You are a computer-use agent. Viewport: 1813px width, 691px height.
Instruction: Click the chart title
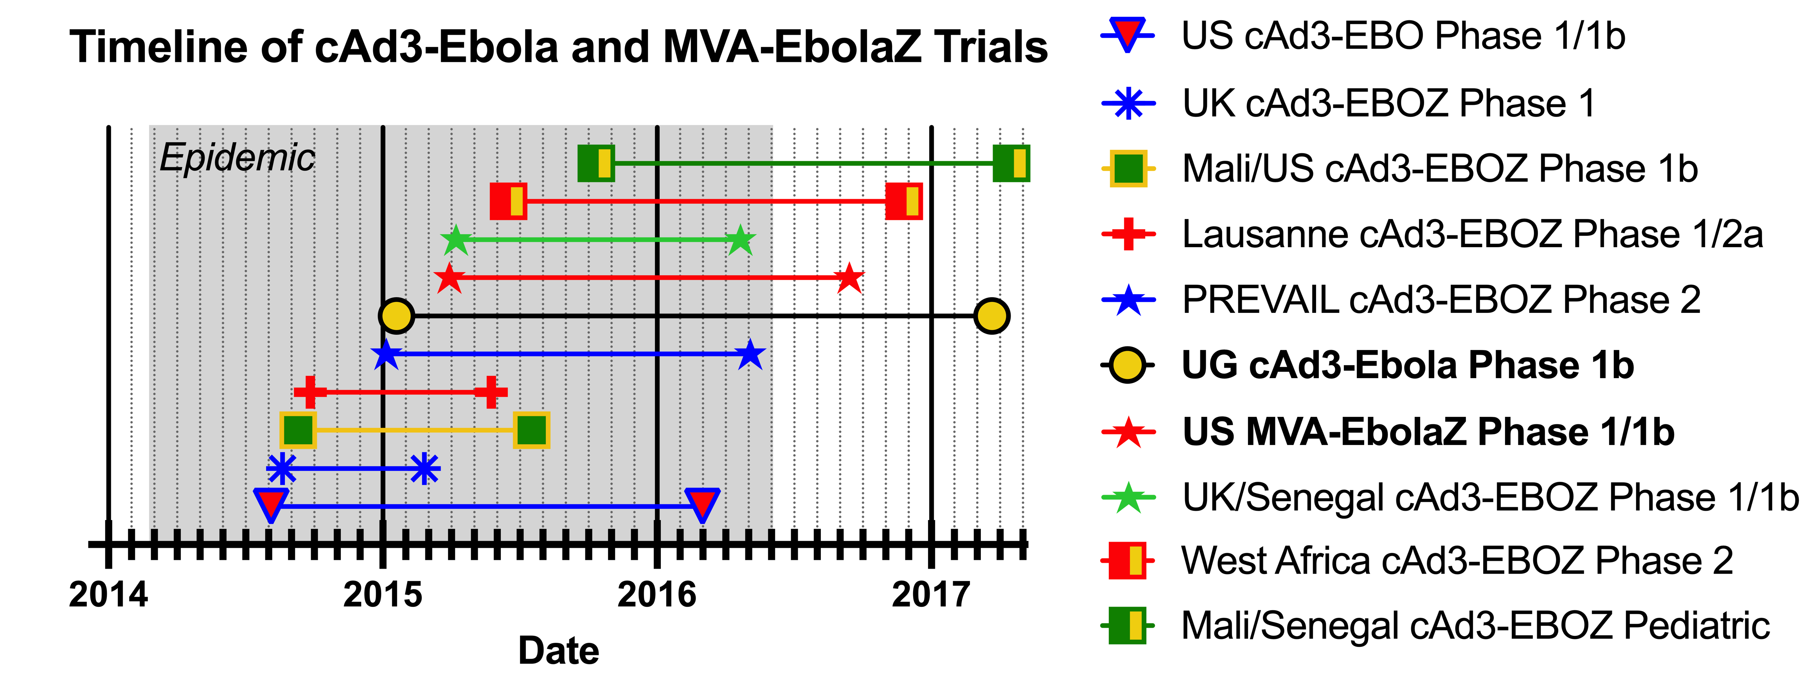(x=559, y=48)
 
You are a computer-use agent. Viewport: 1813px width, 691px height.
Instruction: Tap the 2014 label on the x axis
(x=108, y=595)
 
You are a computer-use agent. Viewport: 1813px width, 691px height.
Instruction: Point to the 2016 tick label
(x=656, y=595)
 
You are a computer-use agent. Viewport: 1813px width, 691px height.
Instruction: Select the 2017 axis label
(x=931, y=595)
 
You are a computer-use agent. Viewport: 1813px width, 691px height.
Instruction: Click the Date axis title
(x=559, y=651)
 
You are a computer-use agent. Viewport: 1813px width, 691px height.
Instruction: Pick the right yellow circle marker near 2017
(x=992, y=316)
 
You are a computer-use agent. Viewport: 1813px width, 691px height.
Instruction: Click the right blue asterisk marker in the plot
(x=424, y=468)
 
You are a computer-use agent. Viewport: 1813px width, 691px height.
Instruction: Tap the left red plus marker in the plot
(x=310, y=392)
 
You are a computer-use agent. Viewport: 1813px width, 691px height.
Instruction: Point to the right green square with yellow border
(x=531, y=430)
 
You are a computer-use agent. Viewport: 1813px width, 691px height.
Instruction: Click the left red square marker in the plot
(x=508, y=201)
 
